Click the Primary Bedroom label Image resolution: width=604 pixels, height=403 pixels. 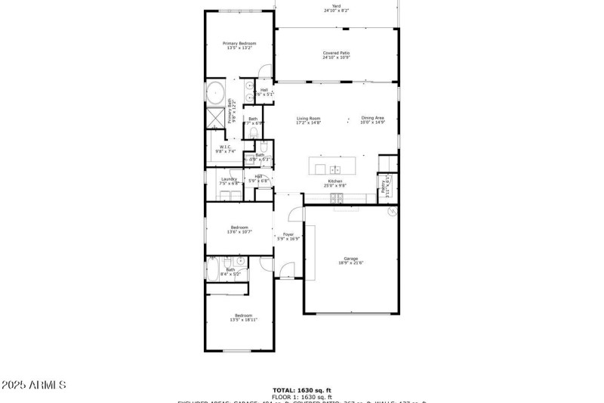[239, 44]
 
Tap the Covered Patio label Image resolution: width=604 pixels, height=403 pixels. [336, 53]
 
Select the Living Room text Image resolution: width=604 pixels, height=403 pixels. [308, 118]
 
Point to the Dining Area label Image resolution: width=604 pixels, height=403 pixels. [373, 118]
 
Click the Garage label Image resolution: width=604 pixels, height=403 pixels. [351, 258]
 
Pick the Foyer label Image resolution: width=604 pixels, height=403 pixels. [288, 234]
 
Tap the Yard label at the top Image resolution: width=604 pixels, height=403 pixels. [336, 6]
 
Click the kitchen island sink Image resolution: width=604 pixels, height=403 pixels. [335, 168]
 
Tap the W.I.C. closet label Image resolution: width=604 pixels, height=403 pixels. [224, 147]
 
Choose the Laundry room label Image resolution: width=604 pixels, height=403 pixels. [229, 179]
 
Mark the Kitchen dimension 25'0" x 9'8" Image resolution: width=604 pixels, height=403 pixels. [335, 185]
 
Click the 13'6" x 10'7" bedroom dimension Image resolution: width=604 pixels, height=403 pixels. [239, 232]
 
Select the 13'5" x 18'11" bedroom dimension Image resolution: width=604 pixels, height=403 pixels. [243, 320]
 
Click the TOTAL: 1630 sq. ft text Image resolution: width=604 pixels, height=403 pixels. [302, 391]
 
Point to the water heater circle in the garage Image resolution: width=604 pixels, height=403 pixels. [392, 212]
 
